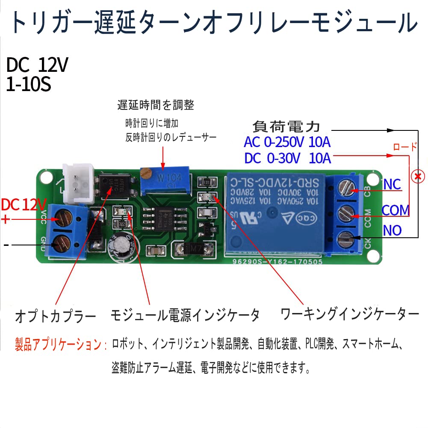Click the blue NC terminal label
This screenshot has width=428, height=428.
tap(392, 184)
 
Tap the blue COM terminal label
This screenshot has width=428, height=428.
tap(396, 210)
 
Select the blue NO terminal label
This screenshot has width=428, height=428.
tap(392, 230)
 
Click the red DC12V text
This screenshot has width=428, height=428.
tap(24, 205)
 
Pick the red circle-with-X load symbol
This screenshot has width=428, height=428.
tap(418, 175)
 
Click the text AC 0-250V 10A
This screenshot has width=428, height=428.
tap(287, 142)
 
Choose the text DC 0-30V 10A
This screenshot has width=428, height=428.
tap(288, 159)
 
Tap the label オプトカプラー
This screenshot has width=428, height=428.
tap(56, 317)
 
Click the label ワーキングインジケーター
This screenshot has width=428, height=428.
tap(349, 315)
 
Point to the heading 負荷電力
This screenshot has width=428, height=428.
tap(286, 126)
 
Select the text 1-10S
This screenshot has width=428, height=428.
tap(29, 84)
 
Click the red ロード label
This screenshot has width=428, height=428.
tap(404, 147)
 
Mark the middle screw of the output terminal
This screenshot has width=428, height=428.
tap(345, 211)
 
